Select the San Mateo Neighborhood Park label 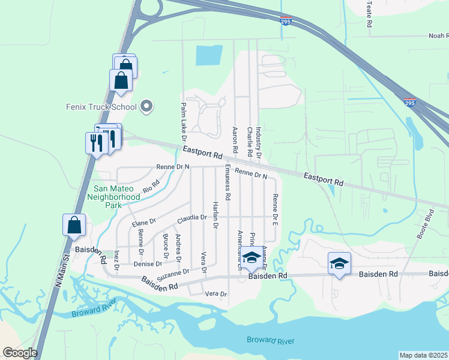(x=113, y=196)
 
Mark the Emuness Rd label (x=228, y=182)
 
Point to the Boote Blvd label (x=424, y=224)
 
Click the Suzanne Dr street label (x=173, y=274)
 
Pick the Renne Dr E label (x=275, y=209)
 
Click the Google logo (x=20, y=353)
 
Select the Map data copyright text (x=424, y=355)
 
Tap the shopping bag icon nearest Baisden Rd (x=74, y=225)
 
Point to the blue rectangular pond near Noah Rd (x=209, y=56)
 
